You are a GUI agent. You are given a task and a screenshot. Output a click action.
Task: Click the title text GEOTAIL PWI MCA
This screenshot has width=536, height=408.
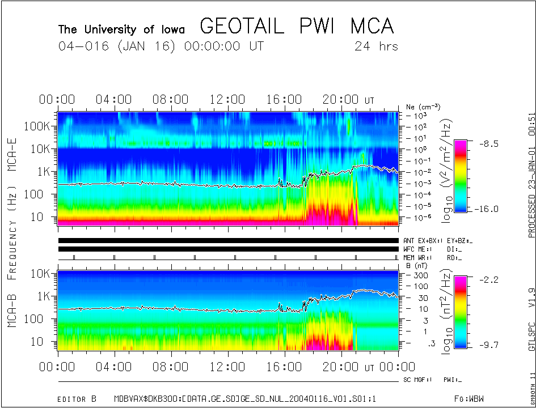pos(297,26)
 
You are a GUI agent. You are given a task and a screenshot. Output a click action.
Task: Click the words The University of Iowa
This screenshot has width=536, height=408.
pos(121,29)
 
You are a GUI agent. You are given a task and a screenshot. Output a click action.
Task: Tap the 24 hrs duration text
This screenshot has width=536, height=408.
pos(376,46)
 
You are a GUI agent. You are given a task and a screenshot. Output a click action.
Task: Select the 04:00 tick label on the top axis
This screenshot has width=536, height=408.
pos(114,100)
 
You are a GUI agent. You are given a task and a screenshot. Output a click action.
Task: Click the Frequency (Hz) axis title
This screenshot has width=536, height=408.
pos(12,228)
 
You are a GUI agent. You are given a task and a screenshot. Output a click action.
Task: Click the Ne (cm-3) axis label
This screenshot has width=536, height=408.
pos(423,107)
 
